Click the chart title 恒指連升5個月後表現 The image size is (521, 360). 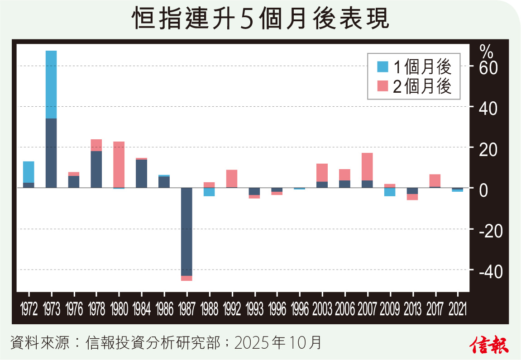[260, 20]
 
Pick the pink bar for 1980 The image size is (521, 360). [119, 164]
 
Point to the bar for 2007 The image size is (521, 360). [367, 170]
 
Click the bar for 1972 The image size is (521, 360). [29, 174]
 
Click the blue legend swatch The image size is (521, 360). [382, 67]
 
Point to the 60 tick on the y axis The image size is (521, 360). [481, 67]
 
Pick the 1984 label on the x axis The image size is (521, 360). [142, 310]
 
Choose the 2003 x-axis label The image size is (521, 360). [322, 310]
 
